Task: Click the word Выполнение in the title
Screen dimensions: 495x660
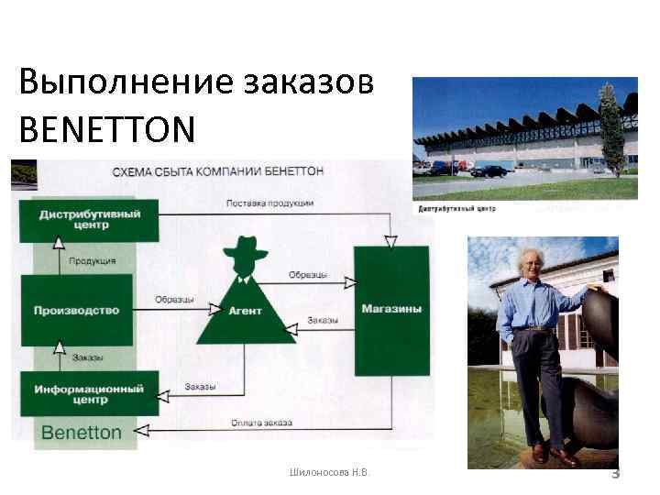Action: point(124,82)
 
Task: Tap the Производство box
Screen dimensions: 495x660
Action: point(76,310)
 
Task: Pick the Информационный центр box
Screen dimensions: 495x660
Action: point(89,394)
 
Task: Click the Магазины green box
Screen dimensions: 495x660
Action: point(391,309)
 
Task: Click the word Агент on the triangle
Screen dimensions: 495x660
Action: point(247,311)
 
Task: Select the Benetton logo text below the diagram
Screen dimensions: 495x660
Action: point(82,432)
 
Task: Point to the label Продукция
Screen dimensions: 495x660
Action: point(93,261)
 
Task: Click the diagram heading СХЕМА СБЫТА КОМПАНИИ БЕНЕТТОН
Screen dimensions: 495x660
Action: point(218,171)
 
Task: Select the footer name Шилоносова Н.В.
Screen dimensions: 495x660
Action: point(329,473)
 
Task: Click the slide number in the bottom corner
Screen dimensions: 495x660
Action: point(616,474)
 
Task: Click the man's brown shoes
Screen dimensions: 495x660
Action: point(552,454)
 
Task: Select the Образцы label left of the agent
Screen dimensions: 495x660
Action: point(173,299)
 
